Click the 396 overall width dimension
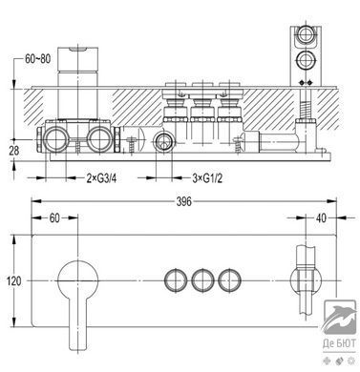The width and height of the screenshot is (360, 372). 184,201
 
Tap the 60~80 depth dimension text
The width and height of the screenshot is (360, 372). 38,59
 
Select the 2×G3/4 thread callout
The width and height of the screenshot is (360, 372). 101,178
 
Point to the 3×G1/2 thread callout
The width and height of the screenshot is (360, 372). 207,178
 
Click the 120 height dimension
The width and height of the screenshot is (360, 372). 14,281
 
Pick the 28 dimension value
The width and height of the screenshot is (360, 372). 14,151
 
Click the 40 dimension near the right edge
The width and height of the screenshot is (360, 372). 322,217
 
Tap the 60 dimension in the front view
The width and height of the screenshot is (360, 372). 54,217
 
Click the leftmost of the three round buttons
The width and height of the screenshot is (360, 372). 176,280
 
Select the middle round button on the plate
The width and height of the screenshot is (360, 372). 202,280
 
